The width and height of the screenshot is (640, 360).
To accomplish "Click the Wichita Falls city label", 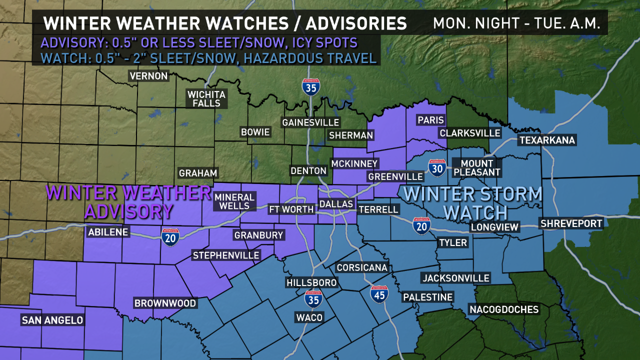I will pyautogui.click(x=206, y=98).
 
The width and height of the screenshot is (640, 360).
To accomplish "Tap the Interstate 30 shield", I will pyautogui.click(x=437, y=168).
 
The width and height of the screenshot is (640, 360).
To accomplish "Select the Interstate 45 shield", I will pyautogui.click(x=379, y=294).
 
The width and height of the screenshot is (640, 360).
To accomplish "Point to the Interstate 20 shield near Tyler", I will pyautogui.click(x=421, y=225).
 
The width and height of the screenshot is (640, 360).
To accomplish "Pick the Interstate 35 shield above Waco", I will pyautogui.click(x=313, y=298).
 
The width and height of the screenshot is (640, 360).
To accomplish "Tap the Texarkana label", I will pyautogui.click(x=547, y=140).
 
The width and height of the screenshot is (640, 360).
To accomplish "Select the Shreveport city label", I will pyautogui.click(x=571, y=223).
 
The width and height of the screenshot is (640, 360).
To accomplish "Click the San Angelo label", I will pyautogui.click(x=52, y=320).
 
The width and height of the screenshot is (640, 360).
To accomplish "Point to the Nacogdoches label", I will pyautogui.click(x=504, y=309).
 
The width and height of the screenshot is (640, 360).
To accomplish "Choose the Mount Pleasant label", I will pyautogui.click(x=476, y=167).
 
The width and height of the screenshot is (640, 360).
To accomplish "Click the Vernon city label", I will pyautogui.click(x=148, y=76).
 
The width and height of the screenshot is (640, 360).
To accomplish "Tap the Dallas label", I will pyautogui.click(x=336, y=204).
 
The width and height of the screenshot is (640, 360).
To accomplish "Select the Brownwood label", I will pyautogui.click(x=165, y=303).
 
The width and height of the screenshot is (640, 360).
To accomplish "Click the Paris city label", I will pyautogui.click(x=431, y=120).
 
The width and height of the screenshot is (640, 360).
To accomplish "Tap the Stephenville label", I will pyautogui.click(x=226, y=255).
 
